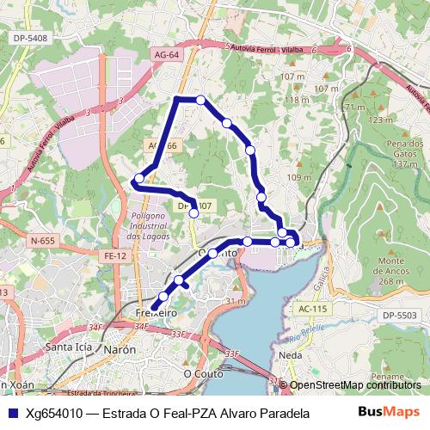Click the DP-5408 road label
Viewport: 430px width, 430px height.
coord(31,39)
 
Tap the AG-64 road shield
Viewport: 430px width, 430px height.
coord(168,55)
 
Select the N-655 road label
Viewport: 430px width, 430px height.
coord(40,242)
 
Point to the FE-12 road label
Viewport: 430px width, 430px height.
coord(115,255)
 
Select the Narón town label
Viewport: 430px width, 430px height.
coord(120,350)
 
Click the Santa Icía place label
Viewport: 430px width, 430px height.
coord(69,347)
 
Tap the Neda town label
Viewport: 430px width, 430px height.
coord(315,353)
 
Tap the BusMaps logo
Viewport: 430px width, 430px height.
coord(389,413)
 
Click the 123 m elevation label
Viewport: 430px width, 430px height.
coord(379,120)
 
